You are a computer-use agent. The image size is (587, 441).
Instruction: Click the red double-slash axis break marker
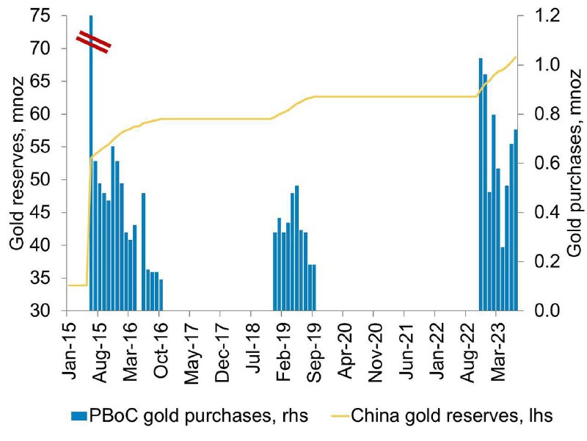point(94,42)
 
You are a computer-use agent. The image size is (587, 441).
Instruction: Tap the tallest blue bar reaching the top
point(91,163)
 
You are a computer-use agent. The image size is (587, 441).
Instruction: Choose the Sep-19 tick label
point(314,346)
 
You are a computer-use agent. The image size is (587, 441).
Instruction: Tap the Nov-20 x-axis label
point(375,346)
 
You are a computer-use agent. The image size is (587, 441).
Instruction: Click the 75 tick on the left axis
point(40,15)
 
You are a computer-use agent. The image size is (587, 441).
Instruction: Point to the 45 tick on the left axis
point(40,213)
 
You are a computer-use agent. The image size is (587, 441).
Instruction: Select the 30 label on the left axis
point(40,310)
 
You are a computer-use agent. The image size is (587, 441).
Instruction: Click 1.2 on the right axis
point(547,15)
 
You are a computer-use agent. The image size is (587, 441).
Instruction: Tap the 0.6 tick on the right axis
point(547,163)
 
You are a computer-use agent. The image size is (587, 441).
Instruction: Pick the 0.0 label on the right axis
point(547,310)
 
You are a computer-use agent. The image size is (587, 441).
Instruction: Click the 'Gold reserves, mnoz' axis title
point(16,164)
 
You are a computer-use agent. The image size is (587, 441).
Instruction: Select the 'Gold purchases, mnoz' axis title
point(575,163)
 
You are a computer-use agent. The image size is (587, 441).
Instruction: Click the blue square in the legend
point(79,416)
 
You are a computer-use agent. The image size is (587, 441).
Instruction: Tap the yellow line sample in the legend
point(340,416)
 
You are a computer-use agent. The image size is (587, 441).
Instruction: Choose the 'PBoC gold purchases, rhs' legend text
point(198,416)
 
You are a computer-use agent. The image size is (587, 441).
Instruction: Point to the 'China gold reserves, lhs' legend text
point(451,416)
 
